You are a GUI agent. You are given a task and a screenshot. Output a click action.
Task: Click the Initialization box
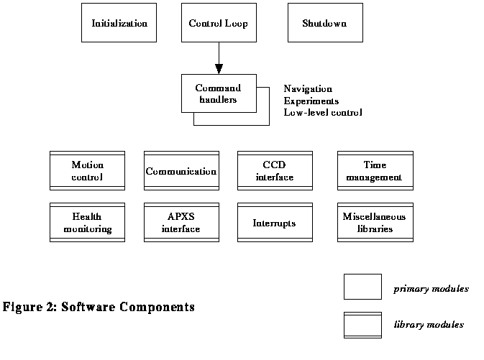coord(119,23)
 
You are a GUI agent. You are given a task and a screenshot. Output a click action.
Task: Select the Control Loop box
coord(218,23)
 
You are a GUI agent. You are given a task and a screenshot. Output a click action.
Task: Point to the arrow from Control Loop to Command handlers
coord(218,58)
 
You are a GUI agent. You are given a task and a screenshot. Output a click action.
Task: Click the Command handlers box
coord(218,94)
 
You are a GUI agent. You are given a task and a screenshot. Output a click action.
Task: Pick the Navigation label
coord(308,88)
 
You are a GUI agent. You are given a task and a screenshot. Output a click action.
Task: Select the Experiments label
coord(311,101)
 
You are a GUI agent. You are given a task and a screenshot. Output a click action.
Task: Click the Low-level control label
coord(323,112)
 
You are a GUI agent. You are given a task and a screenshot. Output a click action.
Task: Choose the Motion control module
coord(87,171)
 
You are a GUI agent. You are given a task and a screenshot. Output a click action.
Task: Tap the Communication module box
coord(181,171)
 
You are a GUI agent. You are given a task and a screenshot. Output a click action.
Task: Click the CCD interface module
coord(275,171)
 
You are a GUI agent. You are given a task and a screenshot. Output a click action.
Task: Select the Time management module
coord(375,171)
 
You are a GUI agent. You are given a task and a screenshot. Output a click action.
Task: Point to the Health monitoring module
coord(87,222)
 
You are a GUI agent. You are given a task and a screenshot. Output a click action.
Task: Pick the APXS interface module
coord(181,222)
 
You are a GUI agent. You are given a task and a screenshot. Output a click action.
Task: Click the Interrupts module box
coord(275,222)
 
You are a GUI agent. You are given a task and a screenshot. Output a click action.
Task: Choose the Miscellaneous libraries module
coord(375,222)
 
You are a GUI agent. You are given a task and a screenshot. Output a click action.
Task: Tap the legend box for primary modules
coord(362,287)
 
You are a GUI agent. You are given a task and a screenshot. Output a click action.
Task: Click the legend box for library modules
coord(362,325)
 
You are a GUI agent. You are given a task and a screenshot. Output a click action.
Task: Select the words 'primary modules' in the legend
coord(431,289)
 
